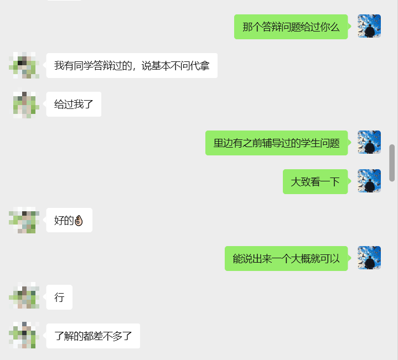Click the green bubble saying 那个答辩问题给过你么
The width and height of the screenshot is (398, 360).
[x=291, y=27]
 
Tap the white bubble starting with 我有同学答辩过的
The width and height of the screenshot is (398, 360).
[x=131, y=66]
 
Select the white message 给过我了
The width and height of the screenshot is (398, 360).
[x=74, y=104]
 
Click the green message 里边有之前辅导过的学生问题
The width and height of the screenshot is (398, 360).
[x=276, y=143]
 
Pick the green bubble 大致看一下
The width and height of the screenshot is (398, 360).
[x=315, y=181]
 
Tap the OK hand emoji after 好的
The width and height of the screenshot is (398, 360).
[x=78, y=221]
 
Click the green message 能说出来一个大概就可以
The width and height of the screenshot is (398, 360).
[x=286, y=258]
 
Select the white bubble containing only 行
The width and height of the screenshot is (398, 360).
[x=59, y=298]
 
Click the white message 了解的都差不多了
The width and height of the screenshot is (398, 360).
[x=93, y=336]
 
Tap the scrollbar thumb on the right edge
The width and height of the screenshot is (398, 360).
[x=392, y=163]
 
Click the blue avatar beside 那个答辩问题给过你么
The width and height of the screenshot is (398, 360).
[x=369, y=26]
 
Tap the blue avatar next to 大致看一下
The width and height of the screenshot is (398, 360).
[x=369, y=181]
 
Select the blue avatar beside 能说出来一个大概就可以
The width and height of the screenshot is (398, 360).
[x=369, y=258]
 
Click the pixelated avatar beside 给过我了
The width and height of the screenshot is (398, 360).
[x=24, y=104]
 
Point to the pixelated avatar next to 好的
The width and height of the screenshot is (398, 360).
[x=24, y=220]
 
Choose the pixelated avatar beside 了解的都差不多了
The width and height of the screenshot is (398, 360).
[x=24, y=335]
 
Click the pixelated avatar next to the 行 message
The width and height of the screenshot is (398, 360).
[x=24, y=297]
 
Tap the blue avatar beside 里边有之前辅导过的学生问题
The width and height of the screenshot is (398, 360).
[x=369, y=142]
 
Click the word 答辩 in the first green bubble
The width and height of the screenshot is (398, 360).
[x=271, y=27]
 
